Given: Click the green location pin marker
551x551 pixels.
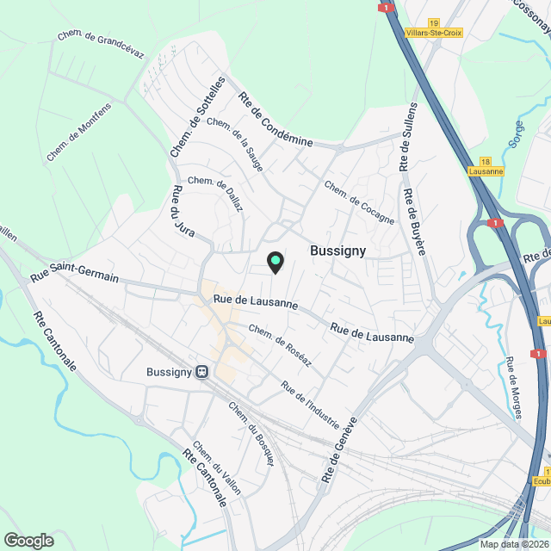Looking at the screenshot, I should click(275, 261).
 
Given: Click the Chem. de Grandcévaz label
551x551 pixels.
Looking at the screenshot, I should click(100, 45).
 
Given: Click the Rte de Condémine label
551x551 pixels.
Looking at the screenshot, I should click(275, 119).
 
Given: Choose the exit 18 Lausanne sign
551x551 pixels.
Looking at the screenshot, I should click(486, 166).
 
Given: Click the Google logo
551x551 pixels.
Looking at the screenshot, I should click(28, 540).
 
